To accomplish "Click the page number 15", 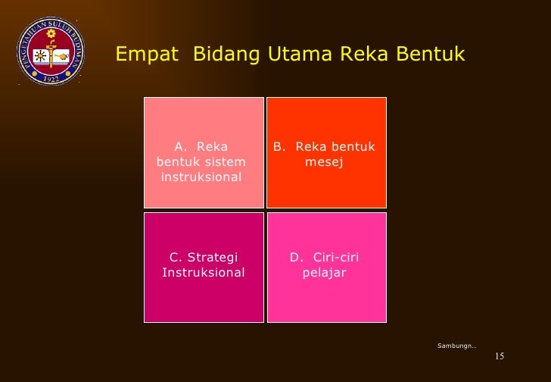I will [499, 357].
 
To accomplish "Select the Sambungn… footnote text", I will [456, 346].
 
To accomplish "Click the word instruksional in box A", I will [201, 177].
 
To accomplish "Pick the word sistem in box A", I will [226, 162].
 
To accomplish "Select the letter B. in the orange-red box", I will [279, 146].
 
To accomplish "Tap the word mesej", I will [324, 161].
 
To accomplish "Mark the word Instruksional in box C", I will [204, 273].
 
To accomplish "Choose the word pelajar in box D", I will [324, 273].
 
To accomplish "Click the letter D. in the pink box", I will [297, 258].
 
